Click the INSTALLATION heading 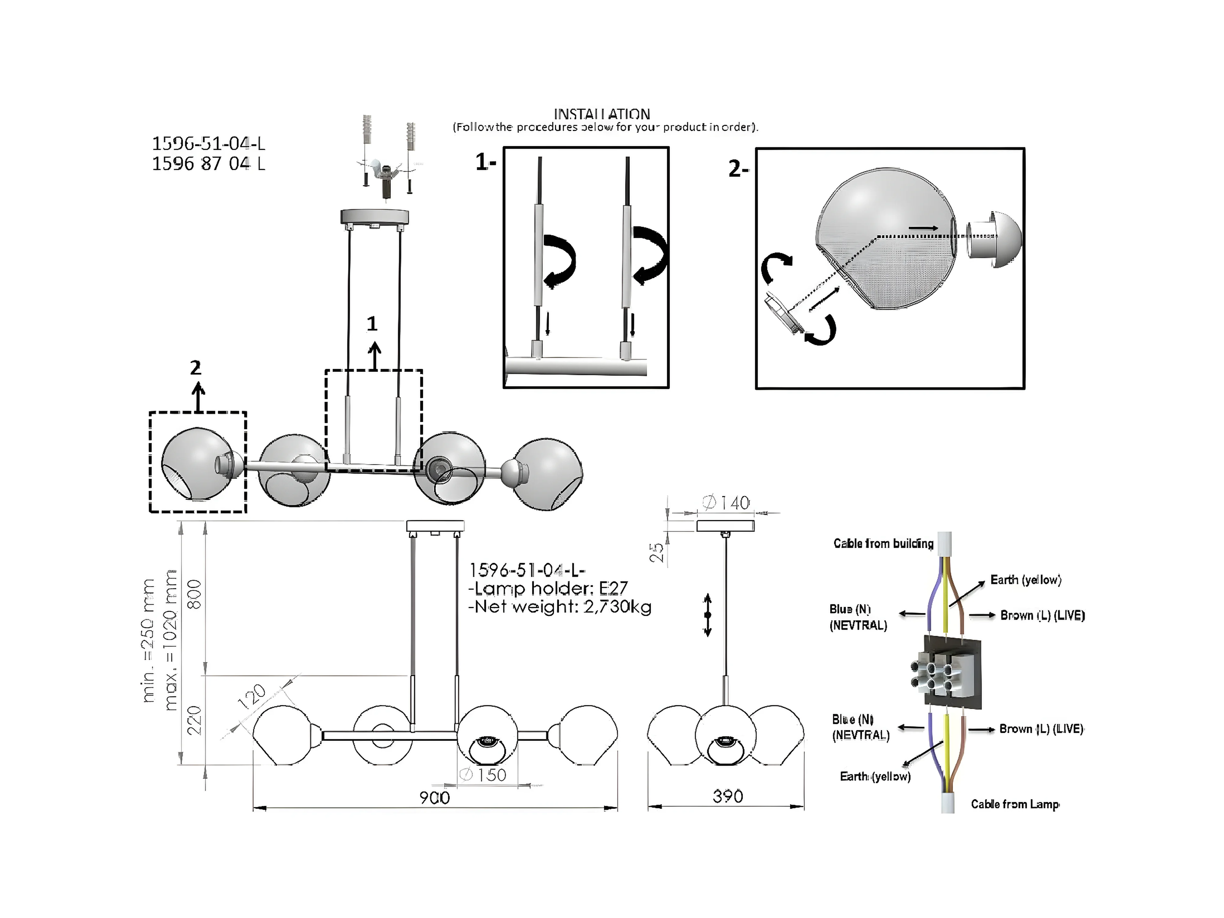602,114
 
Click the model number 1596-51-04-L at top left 209,144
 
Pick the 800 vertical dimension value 195,594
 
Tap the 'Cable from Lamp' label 1015,804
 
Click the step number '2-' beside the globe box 737,169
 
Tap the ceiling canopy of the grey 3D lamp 375,217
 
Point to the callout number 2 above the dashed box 195,368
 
